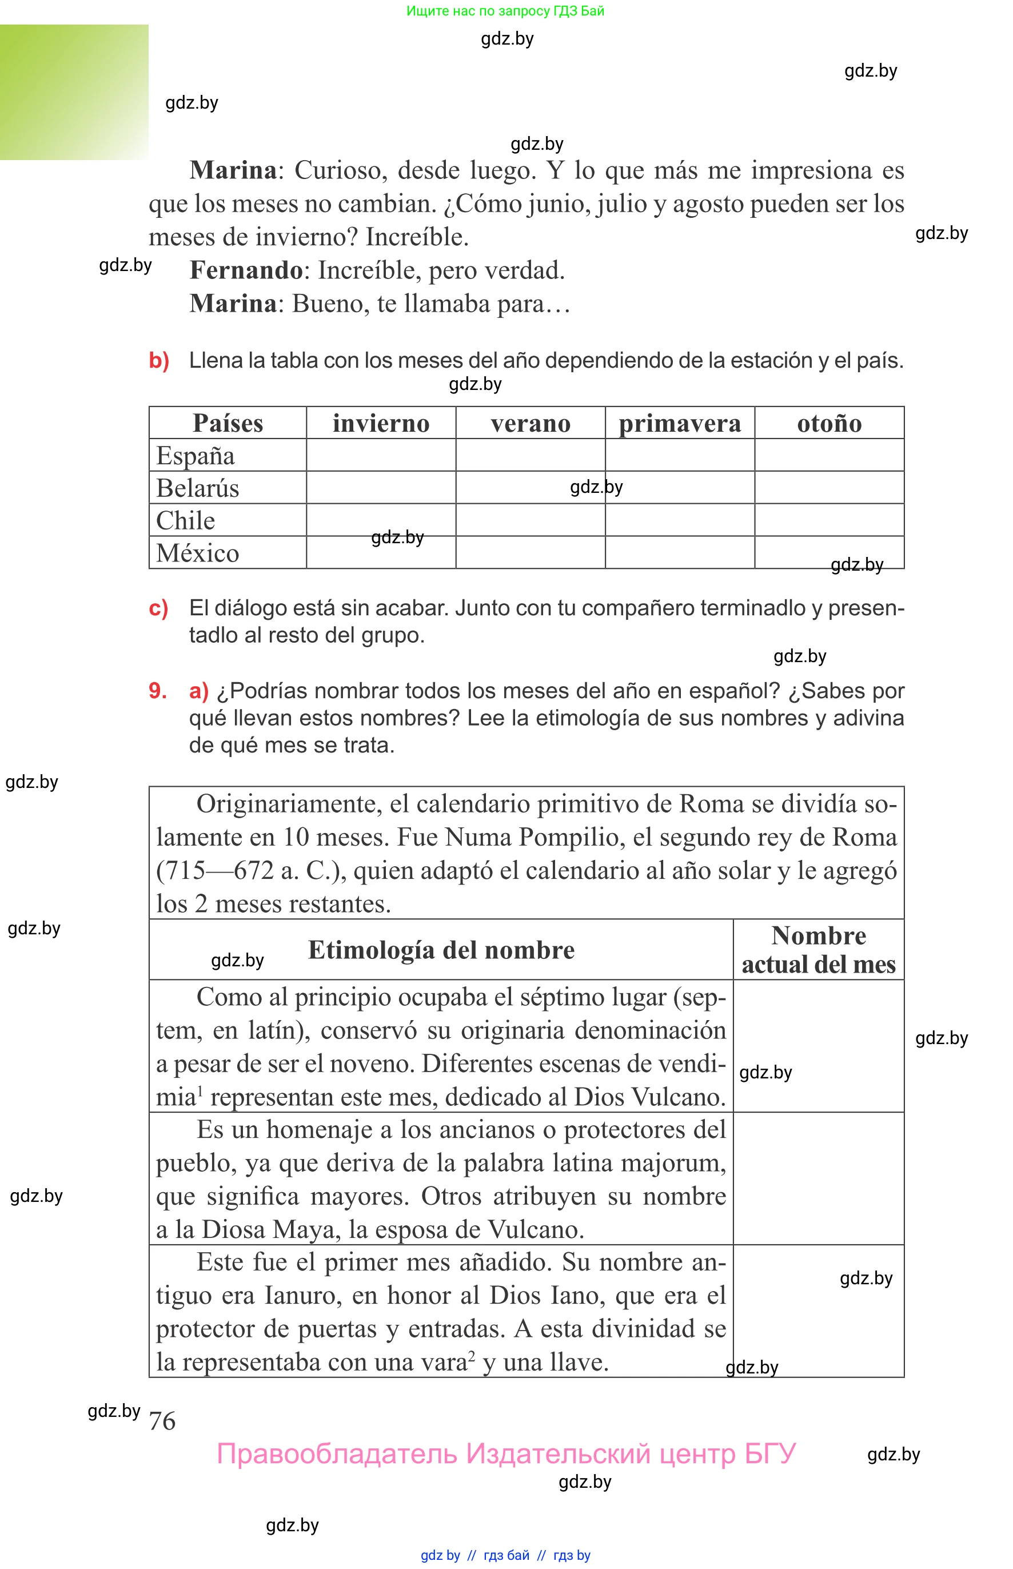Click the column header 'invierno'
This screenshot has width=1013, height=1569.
coord(381,423)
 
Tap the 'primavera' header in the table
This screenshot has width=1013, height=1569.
coord(680,423)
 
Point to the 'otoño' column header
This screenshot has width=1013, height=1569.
coord(829,423)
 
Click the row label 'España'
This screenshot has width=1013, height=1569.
coord(196,455)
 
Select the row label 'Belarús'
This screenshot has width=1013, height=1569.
coord(197,488)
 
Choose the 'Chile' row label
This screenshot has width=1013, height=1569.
coord(185,520)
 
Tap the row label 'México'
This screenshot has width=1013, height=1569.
coord(197,552)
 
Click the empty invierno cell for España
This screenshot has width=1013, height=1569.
coord(381,455)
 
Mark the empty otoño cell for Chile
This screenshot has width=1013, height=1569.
coord(829,520)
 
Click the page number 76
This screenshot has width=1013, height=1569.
coord(162,1421)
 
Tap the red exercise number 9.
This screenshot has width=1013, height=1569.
coord(158,691)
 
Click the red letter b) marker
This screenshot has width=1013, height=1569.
coord(159,360)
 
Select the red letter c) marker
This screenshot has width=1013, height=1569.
coord(158,608)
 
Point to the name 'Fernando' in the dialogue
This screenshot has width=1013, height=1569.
coord(246,270)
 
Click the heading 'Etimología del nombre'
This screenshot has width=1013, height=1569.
coord(441,950)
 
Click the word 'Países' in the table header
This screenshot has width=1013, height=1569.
coord(228,423)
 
